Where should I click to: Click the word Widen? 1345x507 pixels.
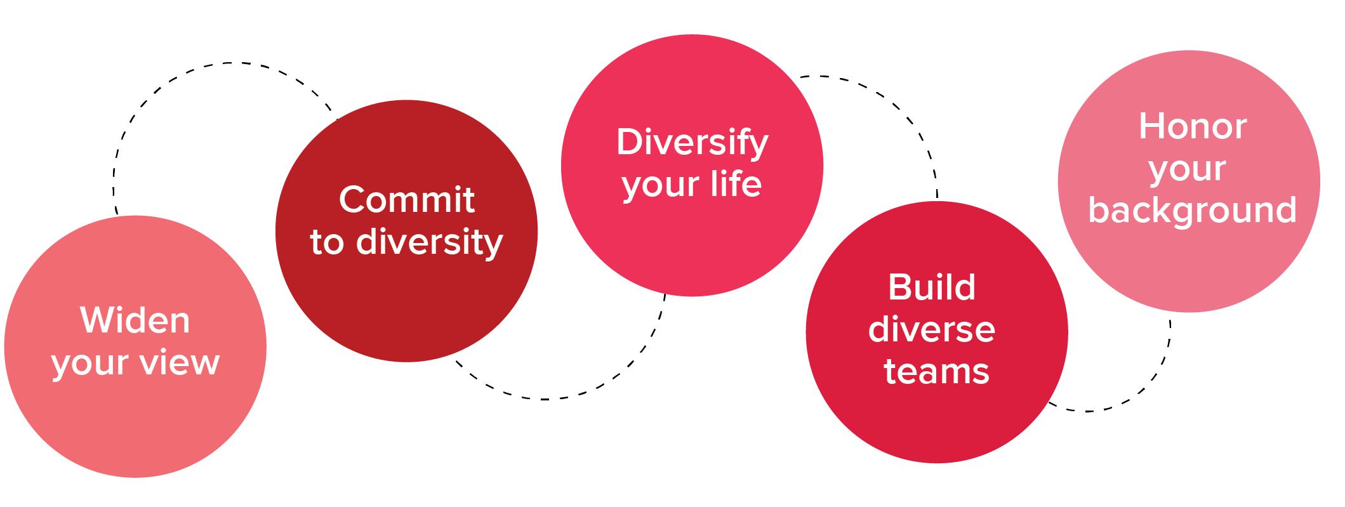point(135,320)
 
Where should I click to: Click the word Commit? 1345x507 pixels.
point(407,200)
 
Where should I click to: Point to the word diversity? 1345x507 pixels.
point(430,242)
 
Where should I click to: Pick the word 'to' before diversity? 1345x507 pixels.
point(327,242)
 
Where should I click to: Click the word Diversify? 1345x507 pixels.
point(692,143)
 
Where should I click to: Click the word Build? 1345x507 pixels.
point(931,287)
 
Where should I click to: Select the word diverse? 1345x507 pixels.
point(931,329)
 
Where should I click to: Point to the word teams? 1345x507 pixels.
point(936,371)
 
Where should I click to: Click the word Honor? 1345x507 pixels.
point(1192,126)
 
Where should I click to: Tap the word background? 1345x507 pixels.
point(1192,210)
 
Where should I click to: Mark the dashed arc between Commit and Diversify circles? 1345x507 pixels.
point(546,399)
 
